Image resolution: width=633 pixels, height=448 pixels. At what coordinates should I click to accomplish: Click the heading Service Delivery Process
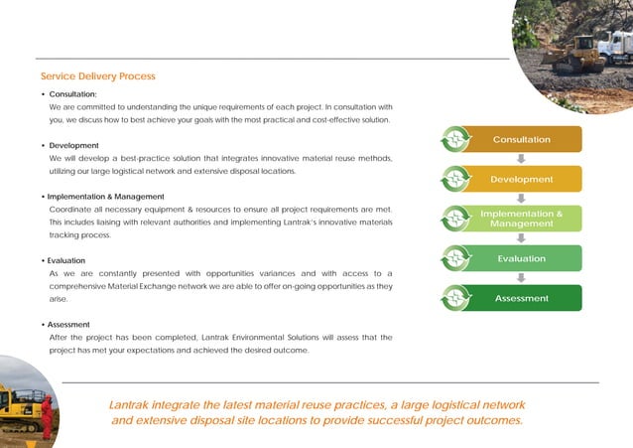[97, 76]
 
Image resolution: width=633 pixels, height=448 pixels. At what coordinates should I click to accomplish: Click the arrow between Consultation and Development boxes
[521, 159]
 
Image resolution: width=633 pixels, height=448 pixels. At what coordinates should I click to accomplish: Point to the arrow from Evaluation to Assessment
[521, 278]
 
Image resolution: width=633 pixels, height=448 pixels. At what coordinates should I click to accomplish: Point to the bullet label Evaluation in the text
[72, 261]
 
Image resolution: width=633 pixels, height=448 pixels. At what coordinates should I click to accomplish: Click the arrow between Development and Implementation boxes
[521, 199]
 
